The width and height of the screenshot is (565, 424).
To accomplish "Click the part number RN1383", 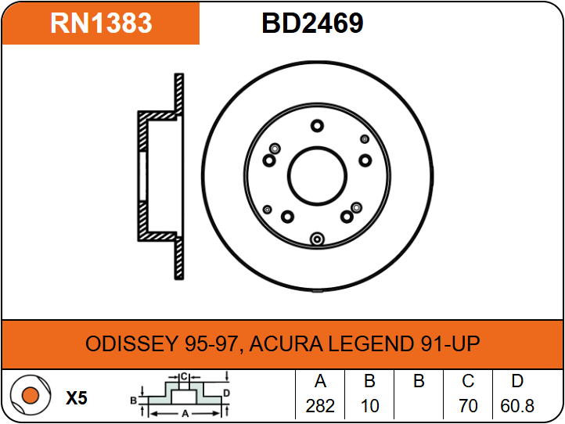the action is coord(101,23).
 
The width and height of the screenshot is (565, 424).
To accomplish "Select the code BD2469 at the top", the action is coord(312,23).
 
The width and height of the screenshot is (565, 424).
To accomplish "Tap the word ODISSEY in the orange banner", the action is coord(131,343).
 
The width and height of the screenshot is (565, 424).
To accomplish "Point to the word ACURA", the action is coord(286,343).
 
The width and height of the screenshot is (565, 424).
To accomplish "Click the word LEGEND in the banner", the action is coord(370,343).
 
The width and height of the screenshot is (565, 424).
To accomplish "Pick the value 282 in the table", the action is coord(320,406).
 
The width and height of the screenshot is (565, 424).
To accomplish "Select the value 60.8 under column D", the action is coord(517,406).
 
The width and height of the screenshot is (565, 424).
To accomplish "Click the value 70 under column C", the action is coord(468,406).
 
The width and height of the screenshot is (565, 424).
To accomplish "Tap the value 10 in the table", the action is coord(369,406).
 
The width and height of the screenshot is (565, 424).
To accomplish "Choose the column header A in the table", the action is coord(320,381).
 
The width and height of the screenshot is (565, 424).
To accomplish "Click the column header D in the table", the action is coord(517,381).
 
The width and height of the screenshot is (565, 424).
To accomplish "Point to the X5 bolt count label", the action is coord(77,398).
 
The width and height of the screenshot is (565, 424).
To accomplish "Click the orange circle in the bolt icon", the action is coord(31,395).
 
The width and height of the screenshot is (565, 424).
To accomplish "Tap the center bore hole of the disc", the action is coord(317,177).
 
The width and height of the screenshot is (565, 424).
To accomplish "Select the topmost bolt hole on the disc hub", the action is coord(317,126).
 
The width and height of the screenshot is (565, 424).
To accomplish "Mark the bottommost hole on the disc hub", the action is coord(317,239).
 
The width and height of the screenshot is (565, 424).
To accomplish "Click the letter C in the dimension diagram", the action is coord(184,377).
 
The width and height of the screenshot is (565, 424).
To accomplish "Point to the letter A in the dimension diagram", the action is coord(185,414).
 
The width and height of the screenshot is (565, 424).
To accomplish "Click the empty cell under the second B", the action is coord(419,406).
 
